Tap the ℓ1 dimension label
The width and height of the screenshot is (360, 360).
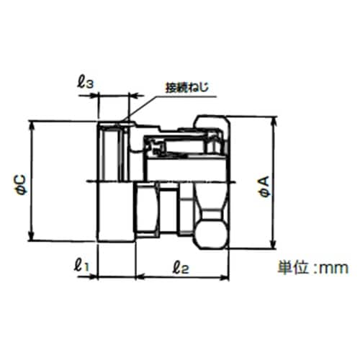tap(81, 265)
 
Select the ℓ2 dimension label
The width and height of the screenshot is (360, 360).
tap(181, 267)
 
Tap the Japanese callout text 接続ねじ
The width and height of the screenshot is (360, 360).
tap(187, 87)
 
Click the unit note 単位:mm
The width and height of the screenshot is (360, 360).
tap(313, 268)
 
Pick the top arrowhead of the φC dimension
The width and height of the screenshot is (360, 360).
tap(31, 125)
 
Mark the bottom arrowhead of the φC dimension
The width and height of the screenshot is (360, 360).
tap(31, 236)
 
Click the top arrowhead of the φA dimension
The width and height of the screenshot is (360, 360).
tap(274, 122)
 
